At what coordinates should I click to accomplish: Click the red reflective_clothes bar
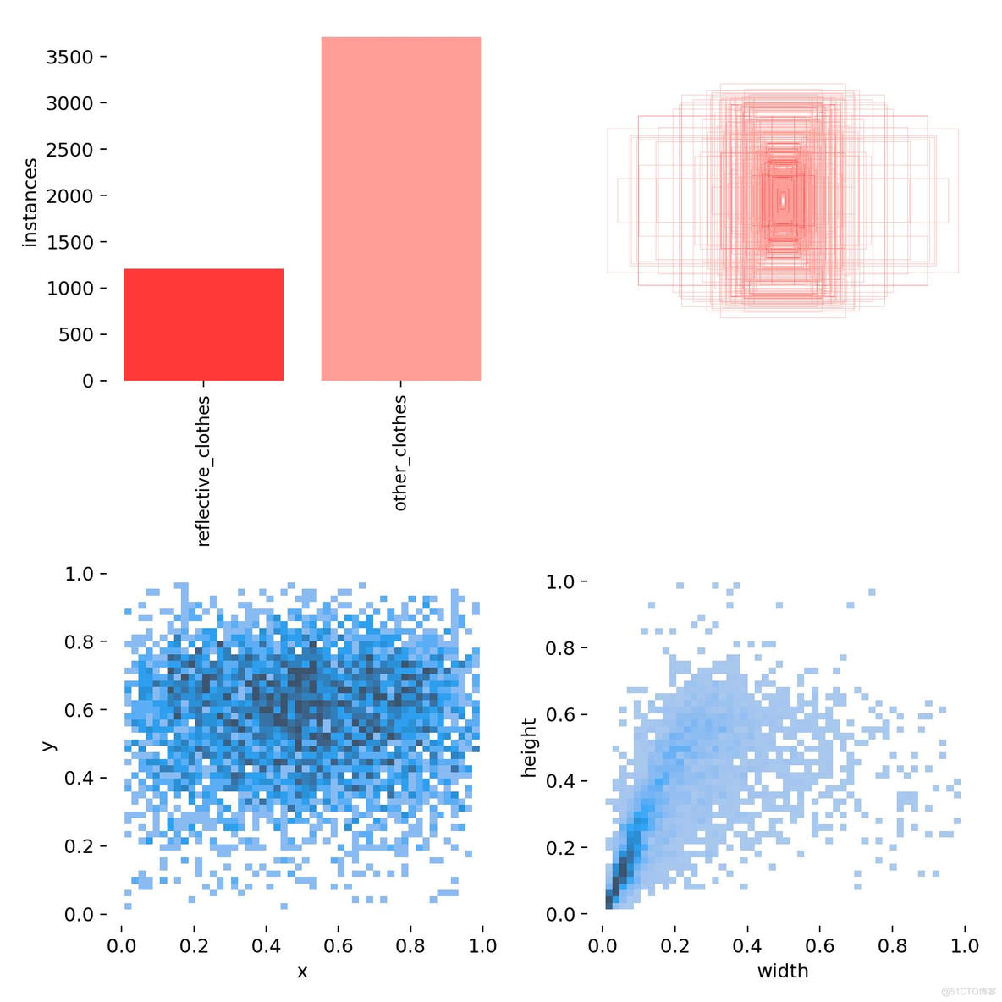(x=203, y=325)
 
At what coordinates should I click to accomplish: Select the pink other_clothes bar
(x=400, y=209)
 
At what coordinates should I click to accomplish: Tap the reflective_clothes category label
(x=203, y=471)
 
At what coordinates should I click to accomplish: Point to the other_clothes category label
(x=400, y=453)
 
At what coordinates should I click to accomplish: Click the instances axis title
(x=30, y=202)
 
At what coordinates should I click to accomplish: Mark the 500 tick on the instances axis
(x=75, y=334)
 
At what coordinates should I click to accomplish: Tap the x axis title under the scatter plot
(x=302, y=972)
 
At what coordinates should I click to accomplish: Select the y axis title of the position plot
(x=48, y=745)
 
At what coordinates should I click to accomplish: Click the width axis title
(x=783, y=972)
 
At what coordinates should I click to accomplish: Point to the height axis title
(x=529, y=747)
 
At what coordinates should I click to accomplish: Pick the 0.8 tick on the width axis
(x=892, y=945)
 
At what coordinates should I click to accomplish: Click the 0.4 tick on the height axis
(x=560, y=781)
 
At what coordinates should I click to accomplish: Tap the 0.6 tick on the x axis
(x=338, y=945)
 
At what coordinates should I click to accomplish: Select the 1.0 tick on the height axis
(x=560, y=582)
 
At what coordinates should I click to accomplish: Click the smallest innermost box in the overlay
(x=784, y=201)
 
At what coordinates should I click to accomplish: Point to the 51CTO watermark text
(x=968, y=991)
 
